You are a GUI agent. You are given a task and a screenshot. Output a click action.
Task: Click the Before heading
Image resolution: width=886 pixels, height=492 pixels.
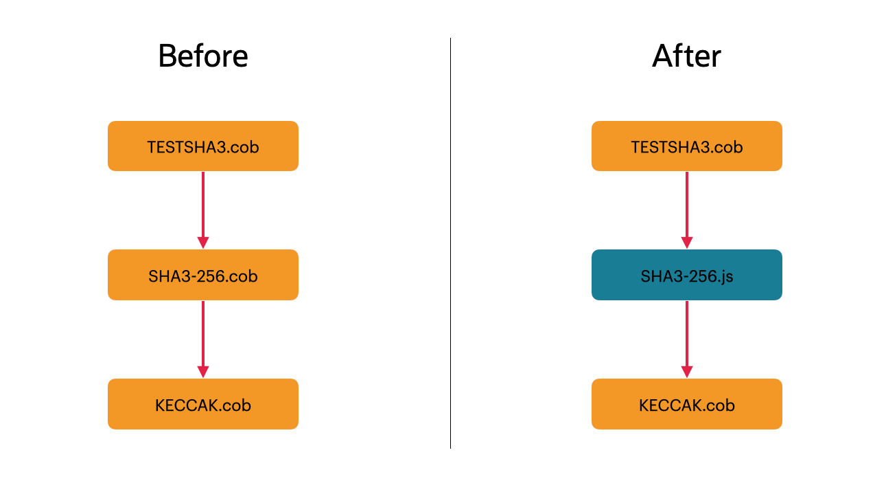[x=202, y=56]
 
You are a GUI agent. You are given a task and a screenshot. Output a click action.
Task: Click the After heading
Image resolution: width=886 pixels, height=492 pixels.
[x=686, y=56]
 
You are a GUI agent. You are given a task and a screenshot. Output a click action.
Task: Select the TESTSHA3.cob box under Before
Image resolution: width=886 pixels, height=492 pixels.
[x=202, y=146]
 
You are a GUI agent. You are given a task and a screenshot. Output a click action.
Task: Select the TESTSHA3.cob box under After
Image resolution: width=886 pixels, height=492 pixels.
[x=686, y=146]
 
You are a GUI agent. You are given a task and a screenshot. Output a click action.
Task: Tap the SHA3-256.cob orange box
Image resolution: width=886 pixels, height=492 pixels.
[x=202, y=275]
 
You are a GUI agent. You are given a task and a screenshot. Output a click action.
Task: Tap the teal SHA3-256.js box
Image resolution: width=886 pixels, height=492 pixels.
[x=686, y=275]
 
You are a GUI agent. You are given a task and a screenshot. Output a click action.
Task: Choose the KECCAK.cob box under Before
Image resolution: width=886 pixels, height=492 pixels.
[x=202, y=404]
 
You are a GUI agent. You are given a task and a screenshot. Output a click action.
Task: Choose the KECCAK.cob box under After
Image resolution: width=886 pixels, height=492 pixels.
[x=686, y=404]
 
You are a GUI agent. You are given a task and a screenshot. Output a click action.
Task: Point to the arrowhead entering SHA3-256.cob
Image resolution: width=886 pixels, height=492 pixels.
[x=202, y=243]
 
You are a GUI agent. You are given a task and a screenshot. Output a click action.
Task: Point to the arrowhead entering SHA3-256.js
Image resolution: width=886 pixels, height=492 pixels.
[x=686, y=243]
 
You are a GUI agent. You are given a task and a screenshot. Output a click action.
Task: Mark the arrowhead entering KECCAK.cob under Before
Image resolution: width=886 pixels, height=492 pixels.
[x=202, y=372]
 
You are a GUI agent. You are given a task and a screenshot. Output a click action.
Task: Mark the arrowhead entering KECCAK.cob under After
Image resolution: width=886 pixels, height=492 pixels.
[x=686, y=372]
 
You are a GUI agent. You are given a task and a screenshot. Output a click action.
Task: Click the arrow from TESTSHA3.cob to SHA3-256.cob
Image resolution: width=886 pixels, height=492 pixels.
[x=202, y=206]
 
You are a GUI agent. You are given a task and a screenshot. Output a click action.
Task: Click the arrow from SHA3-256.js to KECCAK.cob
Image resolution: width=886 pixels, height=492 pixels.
[x=686, y=335]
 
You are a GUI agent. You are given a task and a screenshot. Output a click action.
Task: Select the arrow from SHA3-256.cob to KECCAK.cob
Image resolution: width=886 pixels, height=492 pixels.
[x=202, y=335]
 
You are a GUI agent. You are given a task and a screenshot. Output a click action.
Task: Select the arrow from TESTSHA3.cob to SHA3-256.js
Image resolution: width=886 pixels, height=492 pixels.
[x=686, y=206]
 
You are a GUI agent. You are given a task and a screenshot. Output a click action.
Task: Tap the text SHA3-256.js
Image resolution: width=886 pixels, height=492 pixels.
[x=686, y=276]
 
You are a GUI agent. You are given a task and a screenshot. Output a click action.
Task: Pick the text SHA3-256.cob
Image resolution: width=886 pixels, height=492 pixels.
[x=202, y=276]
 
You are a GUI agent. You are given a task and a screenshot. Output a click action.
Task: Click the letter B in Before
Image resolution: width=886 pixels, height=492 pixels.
[x=167, y=56]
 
